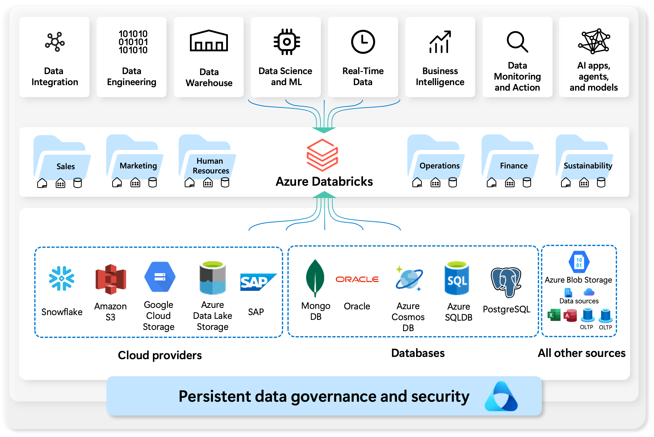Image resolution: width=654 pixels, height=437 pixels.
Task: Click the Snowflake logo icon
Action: [61, 278]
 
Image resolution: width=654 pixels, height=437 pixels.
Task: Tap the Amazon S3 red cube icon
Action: [110, 279]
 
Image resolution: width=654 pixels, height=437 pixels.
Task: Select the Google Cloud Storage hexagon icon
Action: [160, 277]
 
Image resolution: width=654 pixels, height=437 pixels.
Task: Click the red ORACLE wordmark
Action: [357, 279]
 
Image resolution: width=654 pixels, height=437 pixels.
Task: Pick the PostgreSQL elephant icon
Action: [506, 282]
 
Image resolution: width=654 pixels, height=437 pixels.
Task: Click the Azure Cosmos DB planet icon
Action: [409, 279]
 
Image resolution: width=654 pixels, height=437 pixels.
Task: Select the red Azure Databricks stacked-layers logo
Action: [322, 155]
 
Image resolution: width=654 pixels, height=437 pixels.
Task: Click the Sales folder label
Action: [66, 166]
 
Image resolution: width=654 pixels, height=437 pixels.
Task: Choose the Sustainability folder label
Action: [588, 166]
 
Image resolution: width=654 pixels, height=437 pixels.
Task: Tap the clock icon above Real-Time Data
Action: [363, 42]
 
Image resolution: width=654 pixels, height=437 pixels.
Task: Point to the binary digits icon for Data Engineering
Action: [133, 42]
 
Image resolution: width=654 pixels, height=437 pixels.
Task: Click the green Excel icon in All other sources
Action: [554, 315]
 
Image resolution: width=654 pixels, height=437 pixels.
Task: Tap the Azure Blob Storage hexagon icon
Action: [579, 262]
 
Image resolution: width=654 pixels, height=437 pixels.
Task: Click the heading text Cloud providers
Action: [160, 355]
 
